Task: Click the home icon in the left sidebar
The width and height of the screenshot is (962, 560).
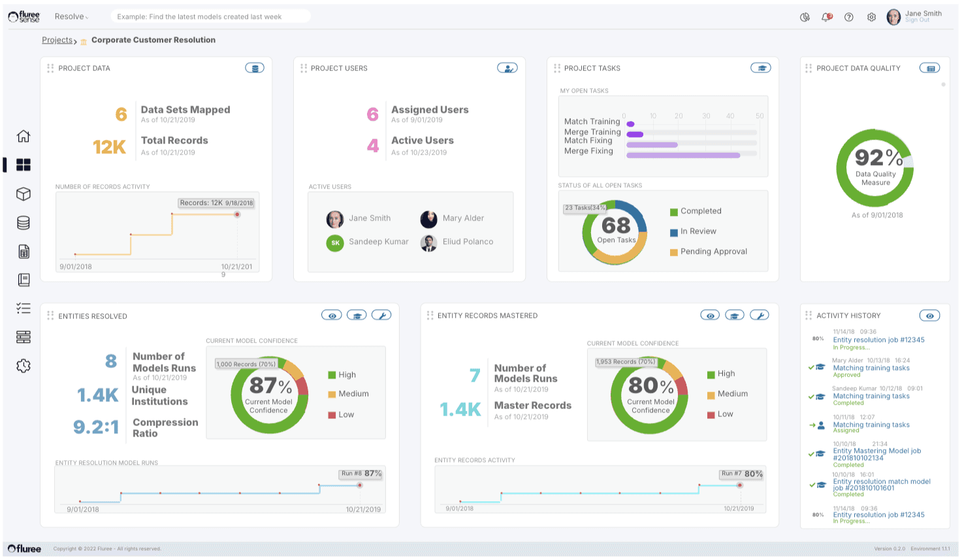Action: tap(24, 136)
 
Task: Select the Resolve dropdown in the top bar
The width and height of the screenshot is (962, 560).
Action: tap(71, 17)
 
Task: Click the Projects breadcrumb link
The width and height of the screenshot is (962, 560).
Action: tap(57, 40)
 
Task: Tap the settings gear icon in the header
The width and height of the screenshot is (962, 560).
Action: tap(871, 18)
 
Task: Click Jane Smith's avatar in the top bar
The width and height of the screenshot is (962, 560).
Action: tap(893, 18)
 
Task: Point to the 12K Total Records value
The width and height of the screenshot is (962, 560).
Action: tap(109, 147)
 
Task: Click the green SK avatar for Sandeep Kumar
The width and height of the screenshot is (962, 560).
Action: tap(335, 243)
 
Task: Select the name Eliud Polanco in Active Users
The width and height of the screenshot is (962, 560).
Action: tap(468, 242)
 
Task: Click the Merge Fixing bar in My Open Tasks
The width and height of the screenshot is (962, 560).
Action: tap(683, 155)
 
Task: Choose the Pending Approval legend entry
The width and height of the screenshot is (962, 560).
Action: tap(713, 252)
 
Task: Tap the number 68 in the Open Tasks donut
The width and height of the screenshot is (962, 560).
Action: tap(616, 226)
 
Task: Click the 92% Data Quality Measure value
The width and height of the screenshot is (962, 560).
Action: tap(878, 158)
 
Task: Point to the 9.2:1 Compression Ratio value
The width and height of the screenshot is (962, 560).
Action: tap(96, 428)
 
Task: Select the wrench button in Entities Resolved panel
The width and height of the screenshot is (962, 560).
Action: tap(381, 316)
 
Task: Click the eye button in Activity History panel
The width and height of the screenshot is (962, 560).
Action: tap(929, 316)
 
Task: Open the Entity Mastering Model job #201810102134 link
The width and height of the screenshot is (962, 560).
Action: tap(876, 454)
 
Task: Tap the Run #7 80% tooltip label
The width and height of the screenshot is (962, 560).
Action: tap(741, 474)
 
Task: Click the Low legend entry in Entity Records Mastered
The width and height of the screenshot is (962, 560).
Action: tap(725, 414)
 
